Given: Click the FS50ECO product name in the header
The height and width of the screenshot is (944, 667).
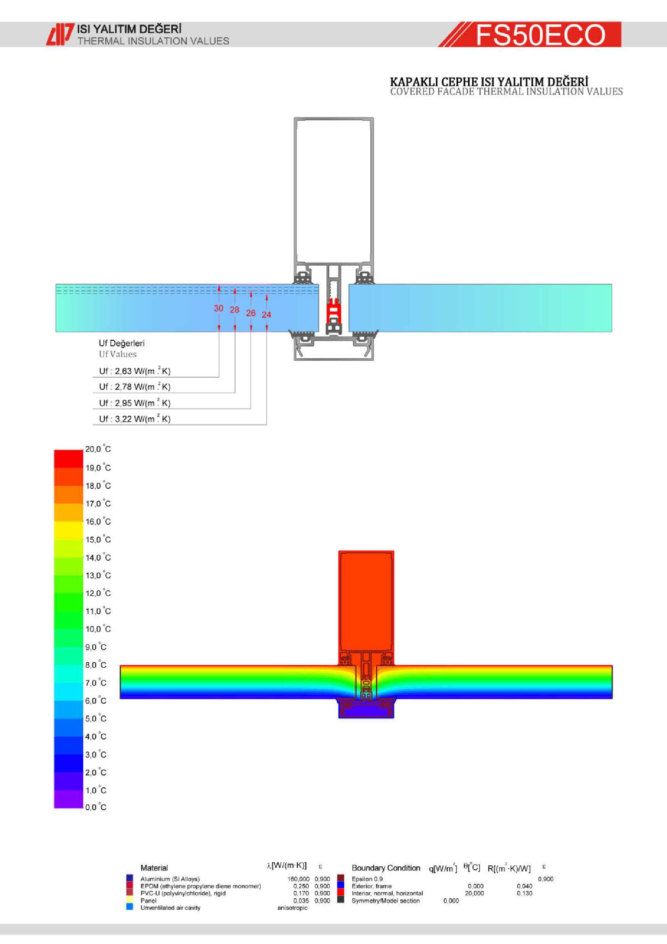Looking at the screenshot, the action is (540, 35).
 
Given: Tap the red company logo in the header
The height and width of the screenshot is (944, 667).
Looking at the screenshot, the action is (60, 34).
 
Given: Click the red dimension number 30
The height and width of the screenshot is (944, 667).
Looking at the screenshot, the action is (219, 308).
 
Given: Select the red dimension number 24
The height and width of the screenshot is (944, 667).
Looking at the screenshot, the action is (266, 314).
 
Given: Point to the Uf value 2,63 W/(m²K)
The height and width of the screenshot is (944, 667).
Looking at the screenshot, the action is (135, 371).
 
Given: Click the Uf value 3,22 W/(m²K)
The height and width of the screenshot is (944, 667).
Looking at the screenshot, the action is (135, 419).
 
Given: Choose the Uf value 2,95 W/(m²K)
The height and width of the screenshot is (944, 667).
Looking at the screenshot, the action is (135, 403).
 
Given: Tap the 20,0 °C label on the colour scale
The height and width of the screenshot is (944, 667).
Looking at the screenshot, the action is (98, 449).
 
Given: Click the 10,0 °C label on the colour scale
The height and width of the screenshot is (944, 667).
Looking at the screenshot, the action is (98, 629).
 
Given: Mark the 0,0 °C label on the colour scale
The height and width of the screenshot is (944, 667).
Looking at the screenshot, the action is (96, 808).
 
